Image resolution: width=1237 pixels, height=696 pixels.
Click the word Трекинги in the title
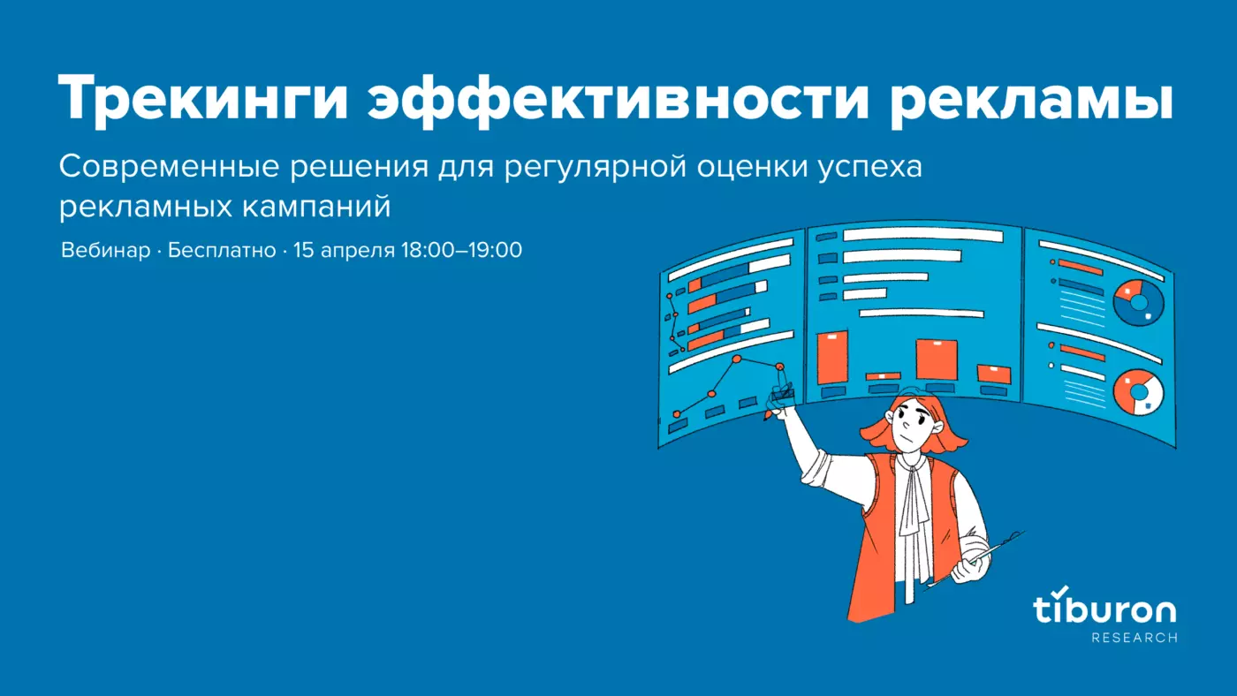(203, 99)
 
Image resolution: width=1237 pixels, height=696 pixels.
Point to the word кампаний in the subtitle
(316, 208)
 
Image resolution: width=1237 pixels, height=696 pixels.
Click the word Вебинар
(105, 250)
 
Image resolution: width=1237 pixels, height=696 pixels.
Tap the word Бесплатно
(222, 250)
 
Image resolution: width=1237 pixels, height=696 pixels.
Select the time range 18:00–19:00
(461, 250)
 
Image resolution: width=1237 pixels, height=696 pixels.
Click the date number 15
(303, 250)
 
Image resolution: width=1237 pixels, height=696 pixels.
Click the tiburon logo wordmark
(1104, 610)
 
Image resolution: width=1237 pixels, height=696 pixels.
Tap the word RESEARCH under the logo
(1135, 638)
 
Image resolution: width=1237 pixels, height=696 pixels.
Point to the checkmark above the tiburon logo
(1060, 591)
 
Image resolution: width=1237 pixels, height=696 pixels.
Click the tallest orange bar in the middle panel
(831, 357)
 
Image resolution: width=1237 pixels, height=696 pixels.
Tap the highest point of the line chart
(736, 359)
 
